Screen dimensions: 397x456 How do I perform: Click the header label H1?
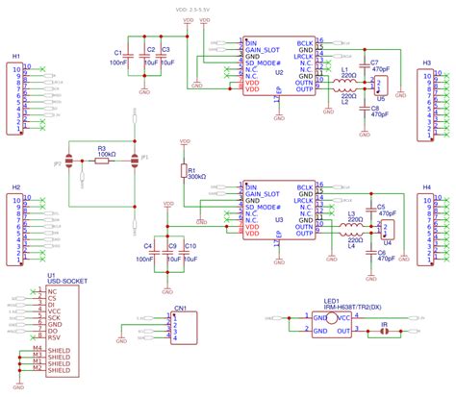16,57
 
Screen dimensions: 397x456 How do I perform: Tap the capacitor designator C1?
117,52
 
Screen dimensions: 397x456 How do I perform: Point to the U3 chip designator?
280,220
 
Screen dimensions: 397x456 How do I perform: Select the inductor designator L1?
345,69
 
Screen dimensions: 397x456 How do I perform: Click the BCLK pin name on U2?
304,43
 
